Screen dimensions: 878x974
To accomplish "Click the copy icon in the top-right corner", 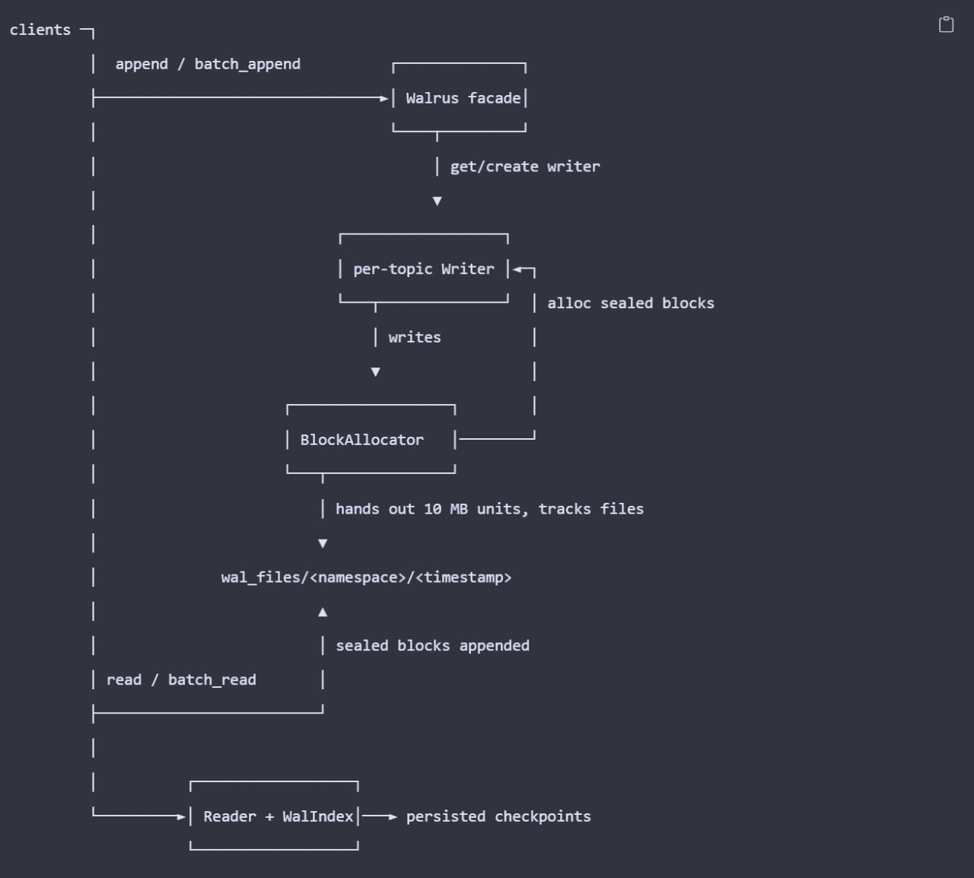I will (946, 25).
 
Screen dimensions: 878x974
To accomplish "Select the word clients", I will (40, 30).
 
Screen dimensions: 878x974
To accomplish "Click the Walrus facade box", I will (460, 97).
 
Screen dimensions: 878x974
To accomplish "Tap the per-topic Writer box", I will (424, 269).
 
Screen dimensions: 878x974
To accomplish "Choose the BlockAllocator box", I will (371, 440).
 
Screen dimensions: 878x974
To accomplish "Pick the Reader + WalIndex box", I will (274, 816).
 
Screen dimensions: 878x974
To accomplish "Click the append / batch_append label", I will (208, 64).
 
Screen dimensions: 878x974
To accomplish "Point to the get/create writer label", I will (524, 167).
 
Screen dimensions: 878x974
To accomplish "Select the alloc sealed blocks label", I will (630, 303).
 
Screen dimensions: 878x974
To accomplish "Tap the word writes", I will (414, 337).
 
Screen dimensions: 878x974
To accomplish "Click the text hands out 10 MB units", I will (431, 508).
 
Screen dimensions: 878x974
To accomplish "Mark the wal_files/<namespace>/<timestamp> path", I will (366, 577).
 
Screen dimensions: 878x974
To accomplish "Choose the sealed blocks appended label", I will (432, 645).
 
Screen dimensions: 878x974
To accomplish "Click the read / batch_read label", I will (181, 679).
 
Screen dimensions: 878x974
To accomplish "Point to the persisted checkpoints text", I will (498, 816).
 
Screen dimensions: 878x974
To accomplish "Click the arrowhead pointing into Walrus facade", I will (384, 97).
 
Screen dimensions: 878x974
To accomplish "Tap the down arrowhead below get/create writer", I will (437, 201).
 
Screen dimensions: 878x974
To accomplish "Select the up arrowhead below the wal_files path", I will (323, 612).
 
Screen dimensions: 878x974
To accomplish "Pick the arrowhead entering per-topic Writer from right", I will (517, 269).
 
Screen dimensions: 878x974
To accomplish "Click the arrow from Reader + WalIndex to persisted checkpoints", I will (379, 816).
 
